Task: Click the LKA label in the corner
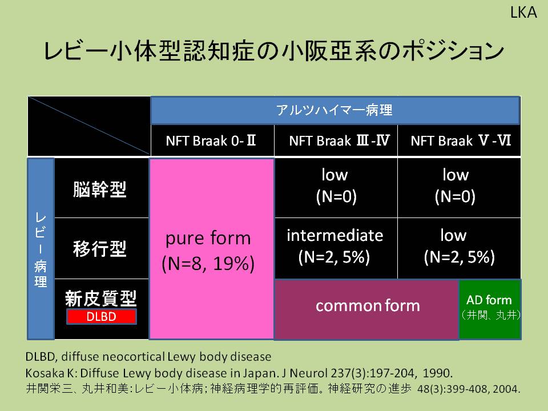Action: tap(523, 13)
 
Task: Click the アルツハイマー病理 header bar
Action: tap(335, 110)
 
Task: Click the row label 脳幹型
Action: tap(99, 189)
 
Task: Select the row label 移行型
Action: tap(99, 248)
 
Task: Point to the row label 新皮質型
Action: tap(100, 298)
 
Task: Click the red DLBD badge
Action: tap(102, 317)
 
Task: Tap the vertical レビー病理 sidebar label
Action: tap(41, 249)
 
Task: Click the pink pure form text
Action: tap(208, 251)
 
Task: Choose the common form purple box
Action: tap(366, 309)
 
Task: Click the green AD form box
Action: tap(490, 309)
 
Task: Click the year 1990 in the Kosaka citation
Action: tap(437, 373)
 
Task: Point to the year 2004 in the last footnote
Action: tap(505, 389)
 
